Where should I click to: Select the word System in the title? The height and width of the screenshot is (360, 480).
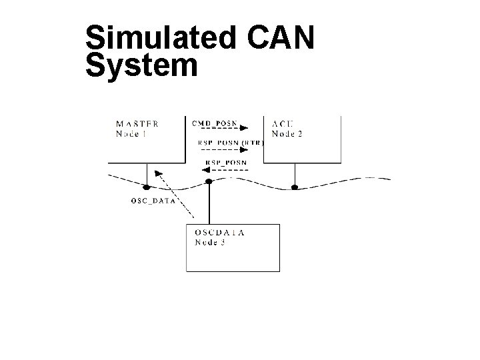tap(142, 66)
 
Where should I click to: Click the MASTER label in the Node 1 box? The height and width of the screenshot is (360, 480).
tap(137, 123)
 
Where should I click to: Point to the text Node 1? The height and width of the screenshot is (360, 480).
tap(132, 133)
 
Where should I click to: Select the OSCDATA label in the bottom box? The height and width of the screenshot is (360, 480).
tap(219, 233)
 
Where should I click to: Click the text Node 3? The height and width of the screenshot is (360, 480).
tap(210, 242)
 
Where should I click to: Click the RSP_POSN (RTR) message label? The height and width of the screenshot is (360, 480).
tap(231, 142)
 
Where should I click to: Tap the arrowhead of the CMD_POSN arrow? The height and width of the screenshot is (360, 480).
tap(244, 129)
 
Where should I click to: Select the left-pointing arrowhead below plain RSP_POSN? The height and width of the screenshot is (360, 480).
tap(205, 170)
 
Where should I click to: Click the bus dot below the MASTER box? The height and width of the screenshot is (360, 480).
tap(147, 185)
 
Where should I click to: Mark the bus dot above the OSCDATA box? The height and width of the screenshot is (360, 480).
tap(209, 181)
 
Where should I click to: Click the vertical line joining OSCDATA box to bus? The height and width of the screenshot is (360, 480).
tap(209, 204)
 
